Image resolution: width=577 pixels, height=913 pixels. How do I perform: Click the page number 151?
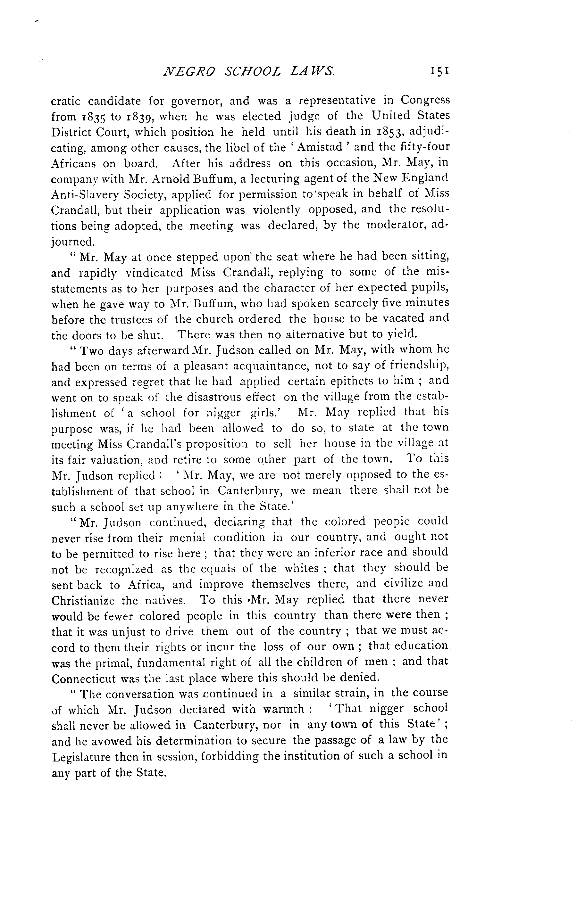click(x=440, y=71)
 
